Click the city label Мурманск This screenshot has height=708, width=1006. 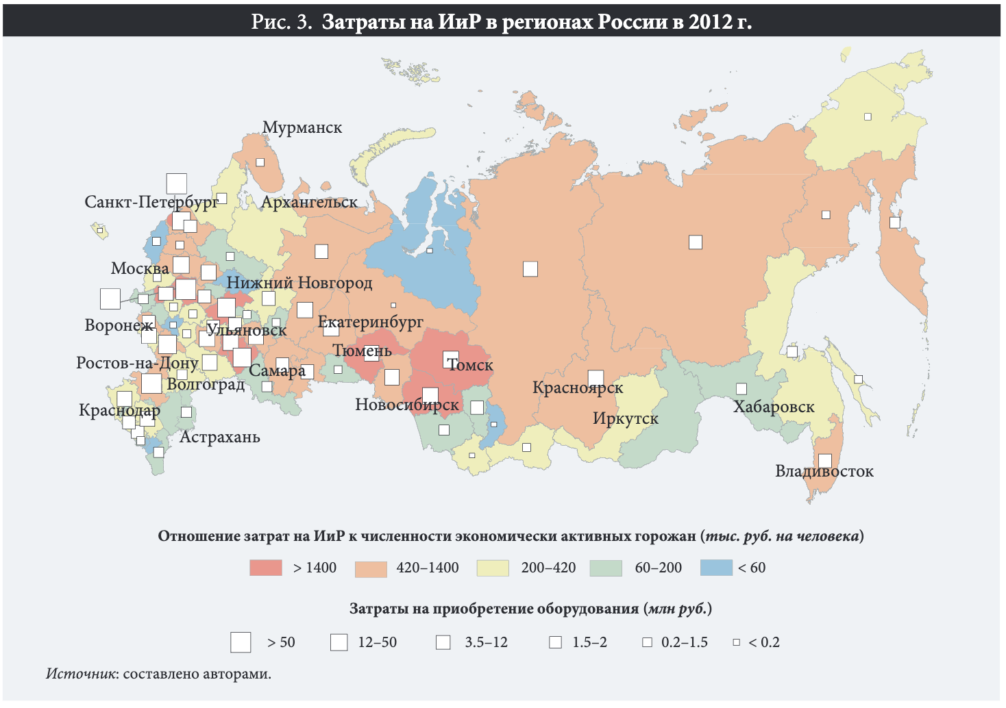click(x=302, y=127)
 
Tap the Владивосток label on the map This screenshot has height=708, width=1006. click(x=824, y=471)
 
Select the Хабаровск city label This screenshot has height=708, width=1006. click(x=774, y=407)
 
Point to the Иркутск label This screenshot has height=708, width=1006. click(x=625, y=418)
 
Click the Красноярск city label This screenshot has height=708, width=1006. click(x=578, y=388)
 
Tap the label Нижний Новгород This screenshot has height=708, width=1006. click(x=299, y=283)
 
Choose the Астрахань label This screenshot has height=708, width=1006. click(x=220, y=437)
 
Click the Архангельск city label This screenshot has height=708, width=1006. click(x=309, y=202)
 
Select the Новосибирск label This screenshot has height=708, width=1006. click(x=407, y=405)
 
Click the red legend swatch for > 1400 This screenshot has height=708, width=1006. click(x=266, y=568)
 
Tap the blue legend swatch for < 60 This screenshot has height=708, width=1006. click(x=717, y=568)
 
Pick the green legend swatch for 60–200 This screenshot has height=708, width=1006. click(x=606, y=568)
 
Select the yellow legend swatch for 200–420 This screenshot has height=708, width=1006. click(x=493, y=568)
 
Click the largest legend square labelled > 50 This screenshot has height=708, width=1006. click(x=241, y=642)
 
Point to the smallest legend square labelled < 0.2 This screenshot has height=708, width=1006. click(x=737, y=642)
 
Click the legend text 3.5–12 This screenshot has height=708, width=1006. click(x=486, y=642)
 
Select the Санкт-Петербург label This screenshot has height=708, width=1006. click(x=151, y=202)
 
